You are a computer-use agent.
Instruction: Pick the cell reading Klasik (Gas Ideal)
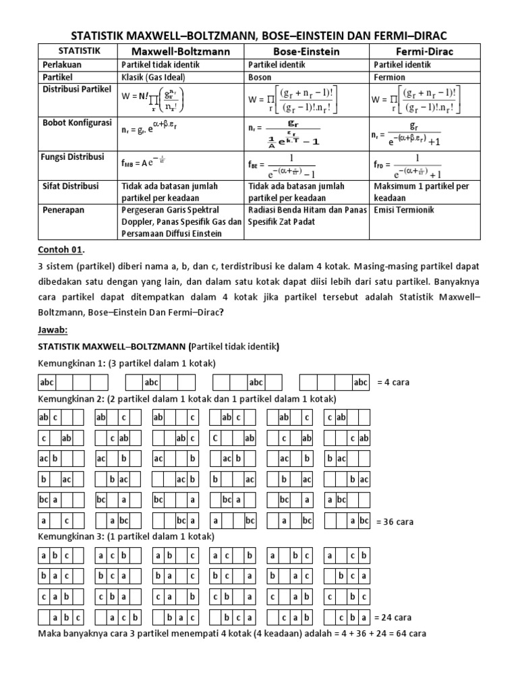(156, 77)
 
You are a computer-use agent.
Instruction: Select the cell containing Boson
(263, 77)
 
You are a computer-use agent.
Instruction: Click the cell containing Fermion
(389, 77)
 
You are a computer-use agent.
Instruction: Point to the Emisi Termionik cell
(404, 210)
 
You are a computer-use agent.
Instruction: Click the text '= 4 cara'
(393, 383)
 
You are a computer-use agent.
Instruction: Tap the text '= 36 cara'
(395, 522)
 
